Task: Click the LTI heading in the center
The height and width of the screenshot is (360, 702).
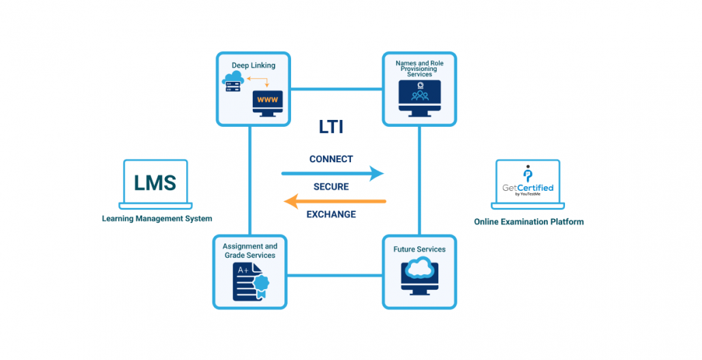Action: tap(331, 127)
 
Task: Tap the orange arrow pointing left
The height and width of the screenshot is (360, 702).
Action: tap(335, 201)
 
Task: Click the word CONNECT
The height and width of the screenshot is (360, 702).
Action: tap(331, 159)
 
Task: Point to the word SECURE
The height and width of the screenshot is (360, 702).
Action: tap(331, 187)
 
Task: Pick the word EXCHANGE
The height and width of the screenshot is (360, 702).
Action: tap(331, 214)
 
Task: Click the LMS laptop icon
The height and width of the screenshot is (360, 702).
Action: tap(155, 184)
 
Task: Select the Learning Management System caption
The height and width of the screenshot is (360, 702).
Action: tap(157, 219)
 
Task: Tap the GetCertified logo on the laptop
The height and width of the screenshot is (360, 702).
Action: tap(528, 183)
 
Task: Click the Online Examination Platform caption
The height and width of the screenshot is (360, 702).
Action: tap(529, 222)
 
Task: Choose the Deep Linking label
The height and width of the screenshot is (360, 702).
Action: tap(254, 65)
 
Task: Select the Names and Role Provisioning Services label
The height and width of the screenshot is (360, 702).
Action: tap(419, 68)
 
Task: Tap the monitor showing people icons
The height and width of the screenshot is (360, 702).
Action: tap(419, 95)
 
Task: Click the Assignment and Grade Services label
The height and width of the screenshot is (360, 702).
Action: tap(249, 250)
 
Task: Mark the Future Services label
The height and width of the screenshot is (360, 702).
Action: tap(419, 250)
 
